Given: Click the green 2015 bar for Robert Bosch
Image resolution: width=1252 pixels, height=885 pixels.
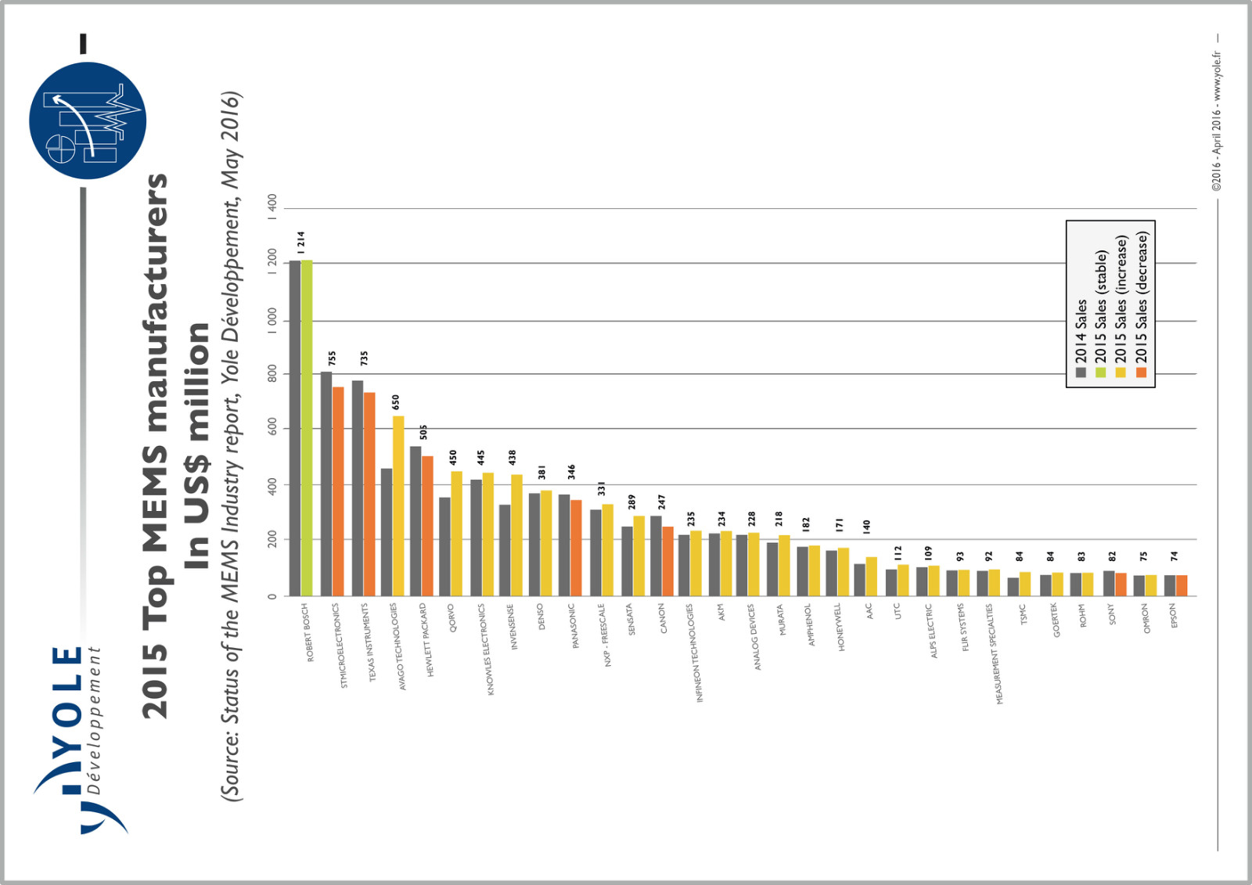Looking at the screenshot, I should coord(307,427).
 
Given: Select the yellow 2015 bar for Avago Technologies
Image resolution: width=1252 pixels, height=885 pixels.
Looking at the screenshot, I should coord(398,505).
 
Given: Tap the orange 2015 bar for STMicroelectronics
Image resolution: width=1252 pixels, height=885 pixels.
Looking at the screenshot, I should coord(338,491).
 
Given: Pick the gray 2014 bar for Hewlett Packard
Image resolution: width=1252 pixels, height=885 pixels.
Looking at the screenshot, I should coord(416,521).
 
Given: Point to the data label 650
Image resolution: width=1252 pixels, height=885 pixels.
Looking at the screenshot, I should coord(396,402).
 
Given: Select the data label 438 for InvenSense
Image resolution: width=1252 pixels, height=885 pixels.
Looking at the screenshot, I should coord(513,458).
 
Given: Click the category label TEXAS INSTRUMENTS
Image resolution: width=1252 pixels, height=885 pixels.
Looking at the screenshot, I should coord(368,642).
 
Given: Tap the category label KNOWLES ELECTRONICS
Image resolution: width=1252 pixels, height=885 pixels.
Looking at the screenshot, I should coord(486,649).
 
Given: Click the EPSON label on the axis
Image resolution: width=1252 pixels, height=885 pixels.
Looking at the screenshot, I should coord(1174,615).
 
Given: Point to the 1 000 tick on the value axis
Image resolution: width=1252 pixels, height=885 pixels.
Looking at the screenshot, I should coord(272,321).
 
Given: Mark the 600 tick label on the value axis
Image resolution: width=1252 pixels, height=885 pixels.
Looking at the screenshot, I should coord(272,428).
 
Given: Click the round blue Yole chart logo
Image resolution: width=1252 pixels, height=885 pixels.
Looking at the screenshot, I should coord(88,121).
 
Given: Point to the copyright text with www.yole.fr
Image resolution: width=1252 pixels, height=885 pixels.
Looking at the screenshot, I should coord(1216,121).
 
